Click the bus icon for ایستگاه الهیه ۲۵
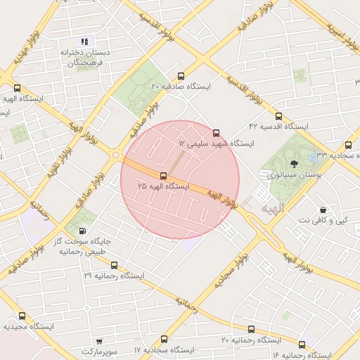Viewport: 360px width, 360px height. tap(163, 175)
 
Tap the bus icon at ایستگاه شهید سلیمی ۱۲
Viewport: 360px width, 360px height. tap(215, 132)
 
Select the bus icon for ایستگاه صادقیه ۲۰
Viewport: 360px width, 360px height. tap(181, 76)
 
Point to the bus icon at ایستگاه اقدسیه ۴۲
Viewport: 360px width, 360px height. tap(279, 116)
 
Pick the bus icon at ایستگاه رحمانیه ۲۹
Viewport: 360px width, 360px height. tap(114, 266)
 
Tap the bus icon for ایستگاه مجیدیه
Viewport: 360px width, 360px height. tap(22, 316)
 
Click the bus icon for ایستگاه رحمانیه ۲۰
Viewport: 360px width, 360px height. tap(251, 329)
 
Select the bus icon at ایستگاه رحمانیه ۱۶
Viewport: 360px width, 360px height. tap(302, 345)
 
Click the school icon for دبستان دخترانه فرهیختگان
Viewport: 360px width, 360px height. tap(85, 42)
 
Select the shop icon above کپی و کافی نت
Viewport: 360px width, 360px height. tap(323, 210)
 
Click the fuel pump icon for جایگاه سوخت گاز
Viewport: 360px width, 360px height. tap(83, 231)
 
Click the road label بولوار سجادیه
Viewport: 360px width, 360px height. tap(232, 271)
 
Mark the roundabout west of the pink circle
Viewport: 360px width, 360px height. tap(115, 155)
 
